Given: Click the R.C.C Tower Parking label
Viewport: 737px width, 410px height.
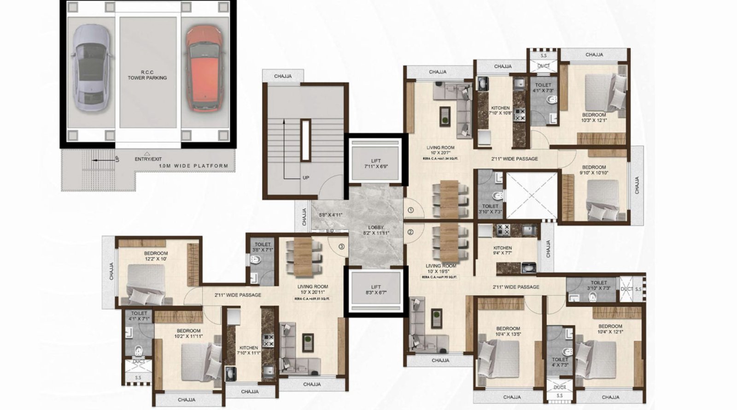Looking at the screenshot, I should (x=147, y=75).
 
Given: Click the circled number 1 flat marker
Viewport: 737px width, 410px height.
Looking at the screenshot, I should (x=410, y=210).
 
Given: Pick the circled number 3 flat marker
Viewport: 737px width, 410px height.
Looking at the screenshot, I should (x=341, y=246).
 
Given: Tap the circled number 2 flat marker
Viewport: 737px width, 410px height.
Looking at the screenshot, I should (x=410, y=232).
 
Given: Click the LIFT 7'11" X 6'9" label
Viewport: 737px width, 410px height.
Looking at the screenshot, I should (x=376, y=164).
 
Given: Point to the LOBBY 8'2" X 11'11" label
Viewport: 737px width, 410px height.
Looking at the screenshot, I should (x=376, y=230).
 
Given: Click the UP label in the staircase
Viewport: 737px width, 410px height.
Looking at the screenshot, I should (x=306, y=178).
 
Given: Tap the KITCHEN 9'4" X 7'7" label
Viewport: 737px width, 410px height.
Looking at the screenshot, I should (x=502, y=250).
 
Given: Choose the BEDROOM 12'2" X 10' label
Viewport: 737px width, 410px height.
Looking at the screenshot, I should (x=156, y=256).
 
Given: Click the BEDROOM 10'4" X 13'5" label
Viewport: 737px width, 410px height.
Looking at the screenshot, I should (x=508, y=331).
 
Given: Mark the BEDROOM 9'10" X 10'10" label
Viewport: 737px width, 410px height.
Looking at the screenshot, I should (x=594, y=170).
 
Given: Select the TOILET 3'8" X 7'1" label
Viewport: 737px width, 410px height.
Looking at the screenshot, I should (x=263, y=247).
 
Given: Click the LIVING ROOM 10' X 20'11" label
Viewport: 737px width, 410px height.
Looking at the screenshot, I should (x=312, y=290).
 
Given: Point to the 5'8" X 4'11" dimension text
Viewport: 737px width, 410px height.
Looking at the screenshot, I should (x=331, y=215).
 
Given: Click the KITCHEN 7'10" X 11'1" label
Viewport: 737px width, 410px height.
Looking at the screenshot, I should (x=249, y=350).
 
